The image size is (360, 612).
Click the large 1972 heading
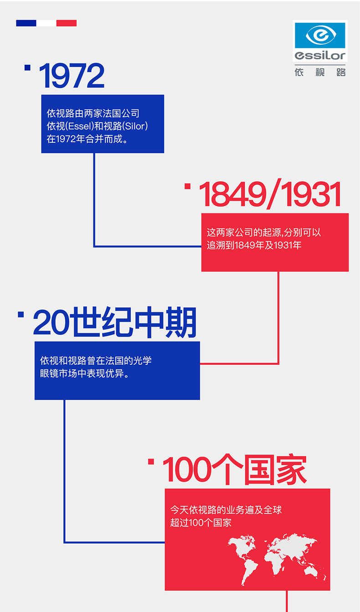[x=72, y=77]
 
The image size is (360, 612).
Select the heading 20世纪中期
[x=115, y=323]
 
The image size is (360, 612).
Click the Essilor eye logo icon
[x=320, y=35]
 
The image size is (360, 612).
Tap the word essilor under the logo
[x=320, y=56]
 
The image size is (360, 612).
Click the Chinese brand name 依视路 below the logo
[x=320, y=72]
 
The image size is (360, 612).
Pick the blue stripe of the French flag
[x=26, y=23]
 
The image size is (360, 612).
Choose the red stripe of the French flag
[x=67, y=23]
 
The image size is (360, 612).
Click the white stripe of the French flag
[x=46, y=23]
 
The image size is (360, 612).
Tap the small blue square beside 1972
[x=27, y=68]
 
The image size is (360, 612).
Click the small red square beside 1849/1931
[x=187, y=186]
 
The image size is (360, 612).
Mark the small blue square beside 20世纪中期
[x=21, y=314]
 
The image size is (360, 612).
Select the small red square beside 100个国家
[x=151, y=462]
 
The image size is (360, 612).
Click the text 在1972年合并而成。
[x=87, y=139]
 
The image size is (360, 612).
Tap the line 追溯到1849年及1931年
[x=254, y=245]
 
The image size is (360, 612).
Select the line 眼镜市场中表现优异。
[x=85, y=374]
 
